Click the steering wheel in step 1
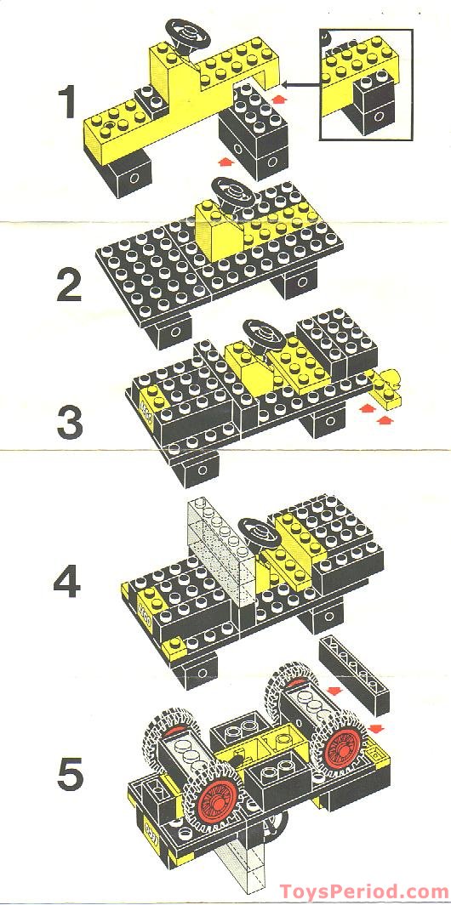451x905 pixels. (x=188, y=31)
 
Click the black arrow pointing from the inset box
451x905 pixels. (x=298, y=83)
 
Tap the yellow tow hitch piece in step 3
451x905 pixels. (x=387, y=385)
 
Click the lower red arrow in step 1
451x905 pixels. (x=224, y=158)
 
